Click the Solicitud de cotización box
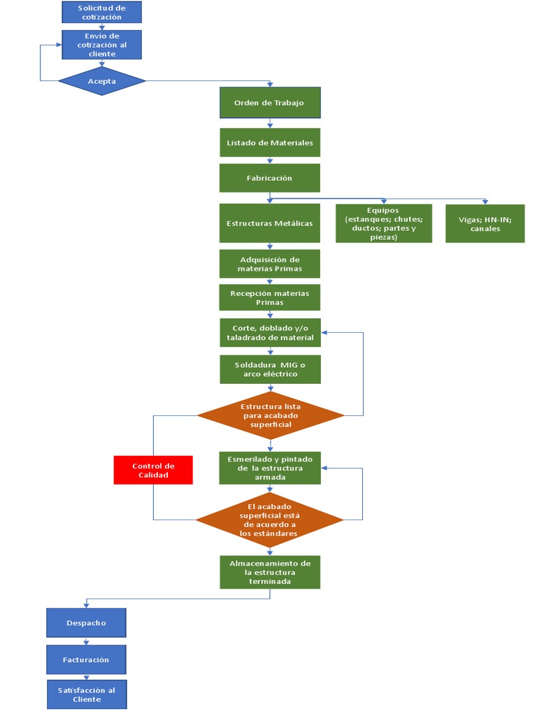(101, 12)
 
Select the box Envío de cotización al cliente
(101, 45)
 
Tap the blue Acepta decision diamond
(102, 81)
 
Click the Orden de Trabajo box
(270, 103)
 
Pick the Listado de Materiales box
(270, 143)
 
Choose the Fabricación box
(270, 178)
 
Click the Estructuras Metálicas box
(270, 223)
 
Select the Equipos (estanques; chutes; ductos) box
(382, 223)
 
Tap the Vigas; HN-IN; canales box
(485, 223)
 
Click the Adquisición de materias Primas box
(270, 264)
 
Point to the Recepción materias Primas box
(270, 298)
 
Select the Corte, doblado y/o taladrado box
(270, 333)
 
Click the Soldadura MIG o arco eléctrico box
(270, 369)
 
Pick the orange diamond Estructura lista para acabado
(271, 415)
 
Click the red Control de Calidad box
(153, 470)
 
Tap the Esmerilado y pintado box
(270, 468)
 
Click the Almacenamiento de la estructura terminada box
(270, 572)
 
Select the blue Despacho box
(87, 623)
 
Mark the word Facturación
(86, 659)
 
